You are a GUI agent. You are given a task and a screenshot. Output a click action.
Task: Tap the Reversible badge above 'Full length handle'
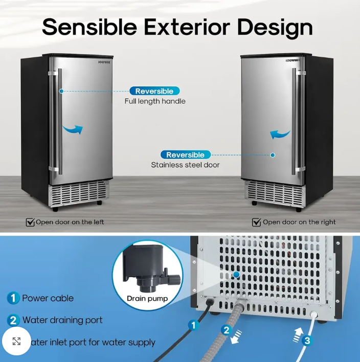pos(154,91)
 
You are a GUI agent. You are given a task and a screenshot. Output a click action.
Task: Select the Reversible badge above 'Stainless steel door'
pos(185,155)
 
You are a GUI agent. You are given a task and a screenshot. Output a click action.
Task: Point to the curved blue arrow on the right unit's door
pos(280,135)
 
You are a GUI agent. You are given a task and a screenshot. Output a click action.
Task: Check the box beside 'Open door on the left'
pos(30,222)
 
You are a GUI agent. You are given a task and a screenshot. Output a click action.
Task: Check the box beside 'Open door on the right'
pos(256,222)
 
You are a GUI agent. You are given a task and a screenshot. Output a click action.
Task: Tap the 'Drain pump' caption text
pos(147,299)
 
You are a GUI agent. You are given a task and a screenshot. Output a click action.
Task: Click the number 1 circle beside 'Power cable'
pos(13,298)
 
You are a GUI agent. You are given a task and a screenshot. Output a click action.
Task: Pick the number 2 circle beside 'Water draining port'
pos(13,321)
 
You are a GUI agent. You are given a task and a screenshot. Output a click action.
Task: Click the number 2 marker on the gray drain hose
pos(227,330)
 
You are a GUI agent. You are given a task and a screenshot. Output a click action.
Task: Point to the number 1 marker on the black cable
pos(193,324)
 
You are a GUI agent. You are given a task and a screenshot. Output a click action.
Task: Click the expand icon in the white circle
pos(16,341)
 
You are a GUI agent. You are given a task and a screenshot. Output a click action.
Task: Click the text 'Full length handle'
pos(155,101)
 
